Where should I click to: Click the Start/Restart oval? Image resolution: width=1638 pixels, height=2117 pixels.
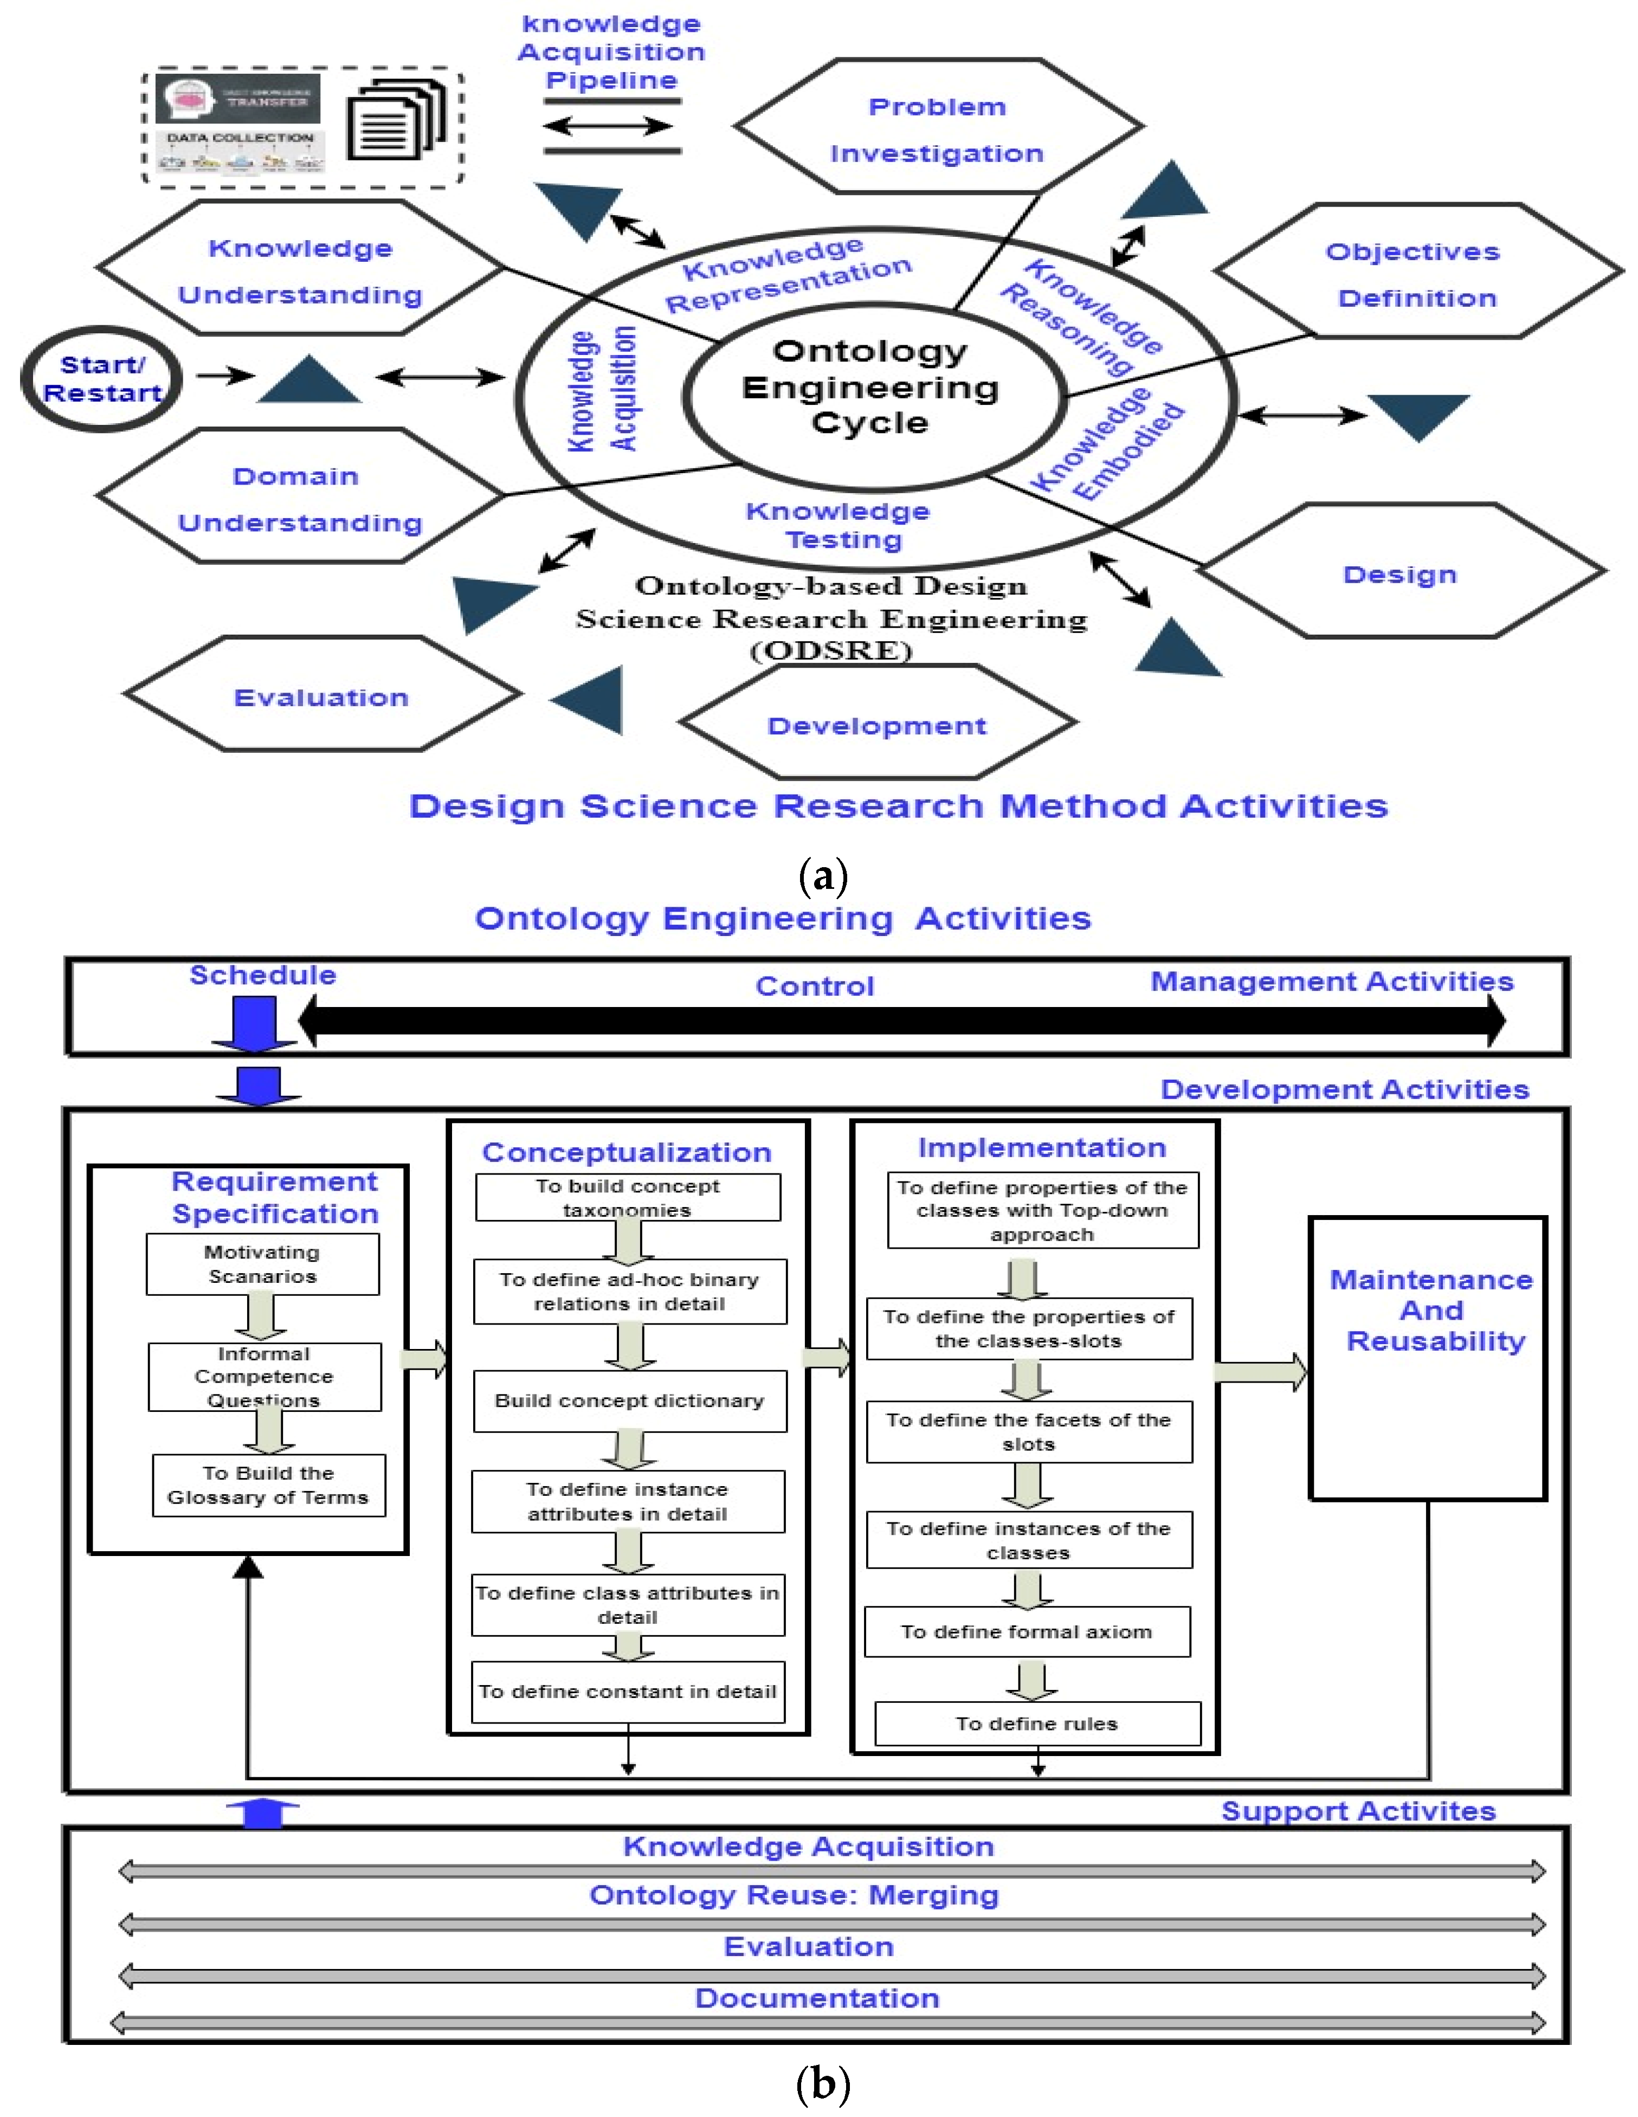pos(101,379)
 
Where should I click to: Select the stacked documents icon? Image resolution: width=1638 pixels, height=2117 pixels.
pos(396,123)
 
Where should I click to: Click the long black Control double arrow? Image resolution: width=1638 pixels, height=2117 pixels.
pos(901,1019)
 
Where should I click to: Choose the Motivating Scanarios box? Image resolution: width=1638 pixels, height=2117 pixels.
pos(263,1264)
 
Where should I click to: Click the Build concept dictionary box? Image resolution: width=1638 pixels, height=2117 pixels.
pos(629,1400)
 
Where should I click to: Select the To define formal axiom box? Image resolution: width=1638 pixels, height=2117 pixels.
pos(1027,1631)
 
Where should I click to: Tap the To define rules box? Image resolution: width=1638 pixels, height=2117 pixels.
pos(1037,1724)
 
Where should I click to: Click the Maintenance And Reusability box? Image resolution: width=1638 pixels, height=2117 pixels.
pos(1428,1357)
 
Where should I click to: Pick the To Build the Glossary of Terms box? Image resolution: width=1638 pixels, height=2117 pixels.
pos(268,1485)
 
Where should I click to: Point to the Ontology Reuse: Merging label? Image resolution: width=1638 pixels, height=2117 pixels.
pos(794,1895)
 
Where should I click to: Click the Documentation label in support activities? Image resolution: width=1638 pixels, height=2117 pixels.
pos(817,1998)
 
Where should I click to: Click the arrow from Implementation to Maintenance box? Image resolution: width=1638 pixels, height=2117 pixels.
pos(1260,1372)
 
